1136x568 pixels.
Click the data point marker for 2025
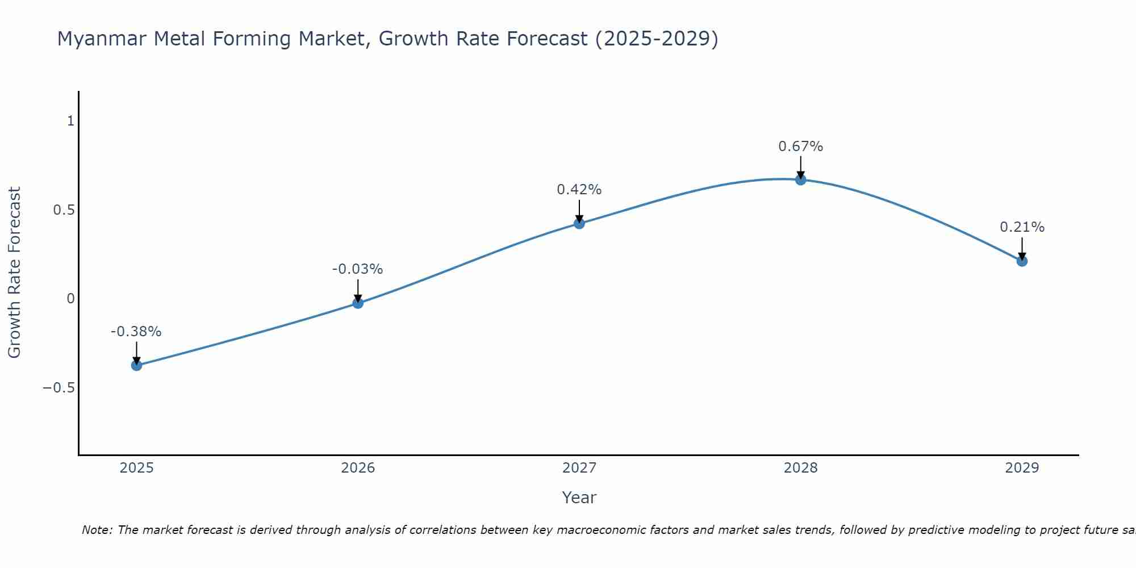pos(136,365)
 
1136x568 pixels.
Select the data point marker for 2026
pos(358,303)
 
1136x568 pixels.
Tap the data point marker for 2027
pos(579,223)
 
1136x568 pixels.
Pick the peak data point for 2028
pos(801,179)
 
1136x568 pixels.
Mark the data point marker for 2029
pos(1022,261)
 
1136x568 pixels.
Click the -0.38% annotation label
pos(136,332)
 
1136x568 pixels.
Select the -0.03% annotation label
pos(358,269)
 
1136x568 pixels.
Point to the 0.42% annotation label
pos(579,190)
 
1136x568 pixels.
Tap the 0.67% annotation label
pos(801,147)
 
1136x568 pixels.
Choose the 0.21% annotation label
pos(1022,227)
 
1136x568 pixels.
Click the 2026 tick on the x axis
pos(358,468)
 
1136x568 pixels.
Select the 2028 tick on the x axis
pos(801,468)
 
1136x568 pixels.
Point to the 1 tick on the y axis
pos(70,121)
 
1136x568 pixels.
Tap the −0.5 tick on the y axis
pos(59,388)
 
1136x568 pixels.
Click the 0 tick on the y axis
pos(70,299)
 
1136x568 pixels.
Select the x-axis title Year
pos(579,498)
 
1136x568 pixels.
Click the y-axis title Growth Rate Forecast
pos(15,273)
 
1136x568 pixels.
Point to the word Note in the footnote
pos(97,531)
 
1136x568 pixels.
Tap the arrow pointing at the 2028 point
pos(801,167)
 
